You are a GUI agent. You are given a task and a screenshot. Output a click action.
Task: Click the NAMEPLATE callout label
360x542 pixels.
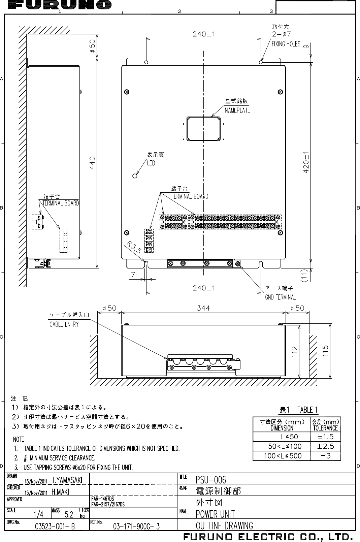coord(237,110)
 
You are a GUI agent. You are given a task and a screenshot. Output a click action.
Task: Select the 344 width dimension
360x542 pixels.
coord(203,308)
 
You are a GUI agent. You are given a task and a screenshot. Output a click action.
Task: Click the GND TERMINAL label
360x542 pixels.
coord(281,297)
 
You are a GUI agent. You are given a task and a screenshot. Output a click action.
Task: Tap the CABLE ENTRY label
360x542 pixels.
coord(64,324)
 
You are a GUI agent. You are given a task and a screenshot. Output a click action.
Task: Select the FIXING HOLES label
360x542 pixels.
coord(286,44)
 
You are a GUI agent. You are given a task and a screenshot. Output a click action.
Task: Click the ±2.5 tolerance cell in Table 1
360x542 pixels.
coord(325,446)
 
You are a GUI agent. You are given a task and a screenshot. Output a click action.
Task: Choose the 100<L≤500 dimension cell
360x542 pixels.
coord(285,456)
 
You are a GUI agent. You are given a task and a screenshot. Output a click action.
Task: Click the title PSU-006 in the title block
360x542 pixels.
coord(211,479)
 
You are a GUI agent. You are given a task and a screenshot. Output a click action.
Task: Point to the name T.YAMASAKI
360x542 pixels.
coord(67,480)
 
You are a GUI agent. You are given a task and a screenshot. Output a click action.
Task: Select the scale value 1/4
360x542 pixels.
coord(38,514)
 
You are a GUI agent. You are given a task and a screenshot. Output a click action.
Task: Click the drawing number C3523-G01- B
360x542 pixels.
coord(55,526)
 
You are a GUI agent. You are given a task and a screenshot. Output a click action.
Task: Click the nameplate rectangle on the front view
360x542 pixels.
coord(203,128)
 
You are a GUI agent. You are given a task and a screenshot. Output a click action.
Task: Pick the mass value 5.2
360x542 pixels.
coord(69,514)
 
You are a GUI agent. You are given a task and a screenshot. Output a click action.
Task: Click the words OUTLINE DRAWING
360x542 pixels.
coord(224,525)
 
